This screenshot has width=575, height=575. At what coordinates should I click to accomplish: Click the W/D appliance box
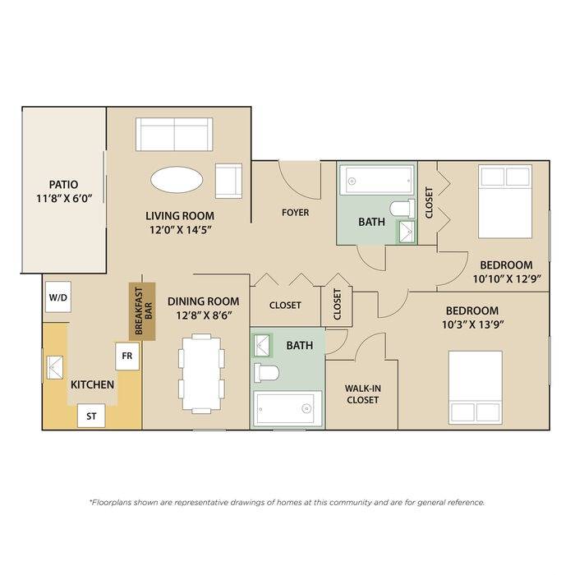point(58,297)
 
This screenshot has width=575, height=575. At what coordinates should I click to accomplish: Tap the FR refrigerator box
point(127,356)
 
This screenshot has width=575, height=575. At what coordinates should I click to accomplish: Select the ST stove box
point(91,416)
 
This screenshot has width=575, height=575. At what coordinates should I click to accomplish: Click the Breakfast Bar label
point(143,311)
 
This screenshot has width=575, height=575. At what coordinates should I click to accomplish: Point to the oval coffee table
point(177,180)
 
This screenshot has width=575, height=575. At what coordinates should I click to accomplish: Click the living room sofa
point(174,134)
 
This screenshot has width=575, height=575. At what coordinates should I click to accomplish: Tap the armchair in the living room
point(228,181)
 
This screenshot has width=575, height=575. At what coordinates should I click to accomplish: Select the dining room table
point(201,374)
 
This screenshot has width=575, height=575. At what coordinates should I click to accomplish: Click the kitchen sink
point(55,367)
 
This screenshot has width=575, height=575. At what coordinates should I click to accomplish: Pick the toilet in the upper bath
point(402,209)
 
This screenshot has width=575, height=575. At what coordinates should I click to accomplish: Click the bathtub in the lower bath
point(287,408)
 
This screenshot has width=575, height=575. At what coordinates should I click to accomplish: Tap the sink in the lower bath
point(262,345)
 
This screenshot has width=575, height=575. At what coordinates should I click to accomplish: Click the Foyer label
point(295,212)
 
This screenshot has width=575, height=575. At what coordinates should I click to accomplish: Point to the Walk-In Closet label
point(363,393)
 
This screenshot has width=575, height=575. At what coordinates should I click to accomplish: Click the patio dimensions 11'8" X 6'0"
point(64,199)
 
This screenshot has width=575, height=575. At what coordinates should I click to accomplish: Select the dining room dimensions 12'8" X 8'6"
point(204,315)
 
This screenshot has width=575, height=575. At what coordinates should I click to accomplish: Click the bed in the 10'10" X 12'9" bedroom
point(505,201)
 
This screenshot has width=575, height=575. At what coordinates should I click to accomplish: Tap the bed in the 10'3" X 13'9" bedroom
point(476,388)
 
